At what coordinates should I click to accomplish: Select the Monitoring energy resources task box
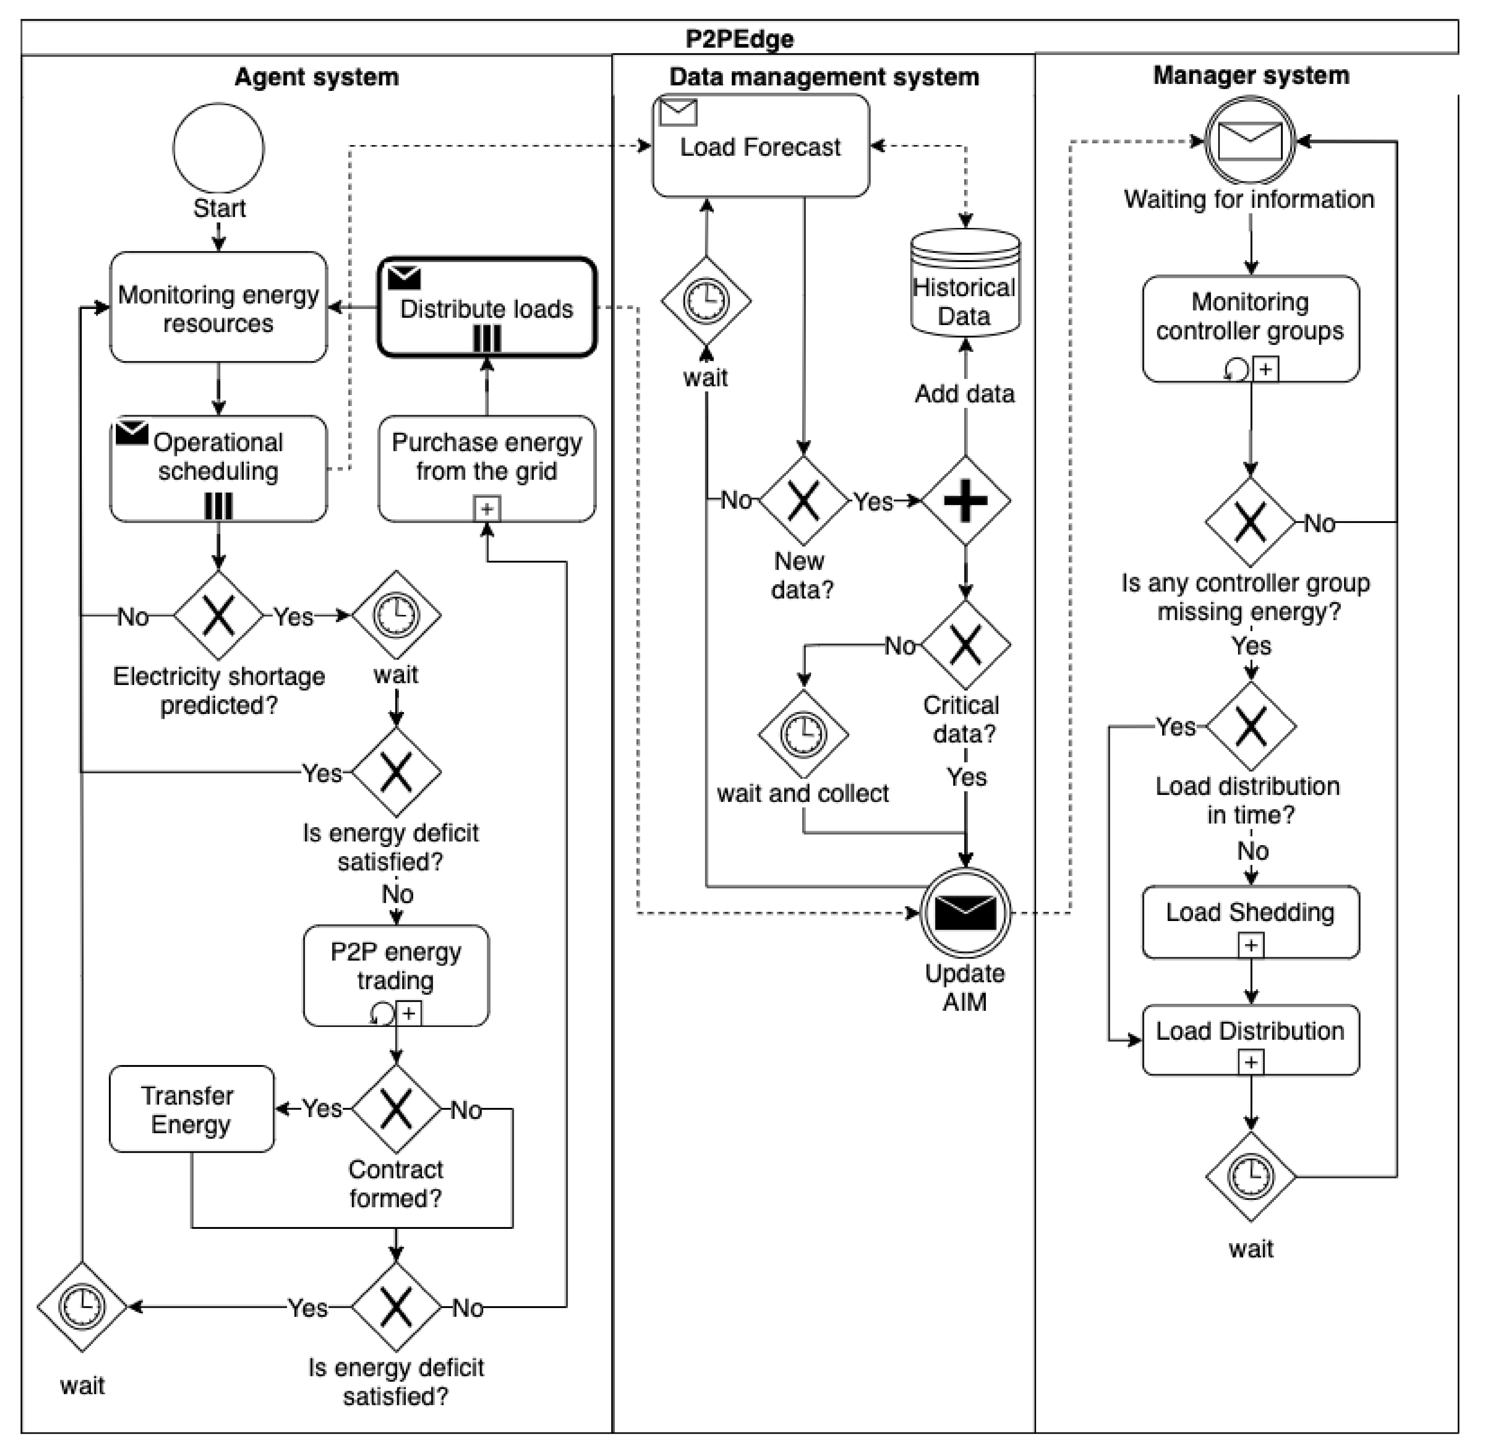pyautogui.click(x=219, y=307)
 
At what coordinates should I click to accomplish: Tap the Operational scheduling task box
pyautogui.click(x=219, y=469)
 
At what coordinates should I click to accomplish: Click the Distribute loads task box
pyautogui.click(x=487, y=307)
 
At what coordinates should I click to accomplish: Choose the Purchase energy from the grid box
pyautogui.click(x=487, y=469)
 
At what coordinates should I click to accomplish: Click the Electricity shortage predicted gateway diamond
pyautogui.click(x=219, y=615)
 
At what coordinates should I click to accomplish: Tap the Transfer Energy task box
pyautogui.click(x=191, y=1109)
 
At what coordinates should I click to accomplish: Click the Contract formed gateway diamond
pyautogui.click(x=396, y=1109)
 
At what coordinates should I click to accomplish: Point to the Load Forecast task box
pyautogui.click(x=761, y=145)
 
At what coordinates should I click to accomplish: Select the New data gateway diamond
pyautogui.click(x=803, y=501)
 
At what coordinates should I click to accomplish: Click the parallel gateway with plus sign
pyautogui.click(x=965, y=501)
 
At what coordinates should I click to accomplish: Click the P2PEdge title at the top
pyautogui.click(x=740, y=39)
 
